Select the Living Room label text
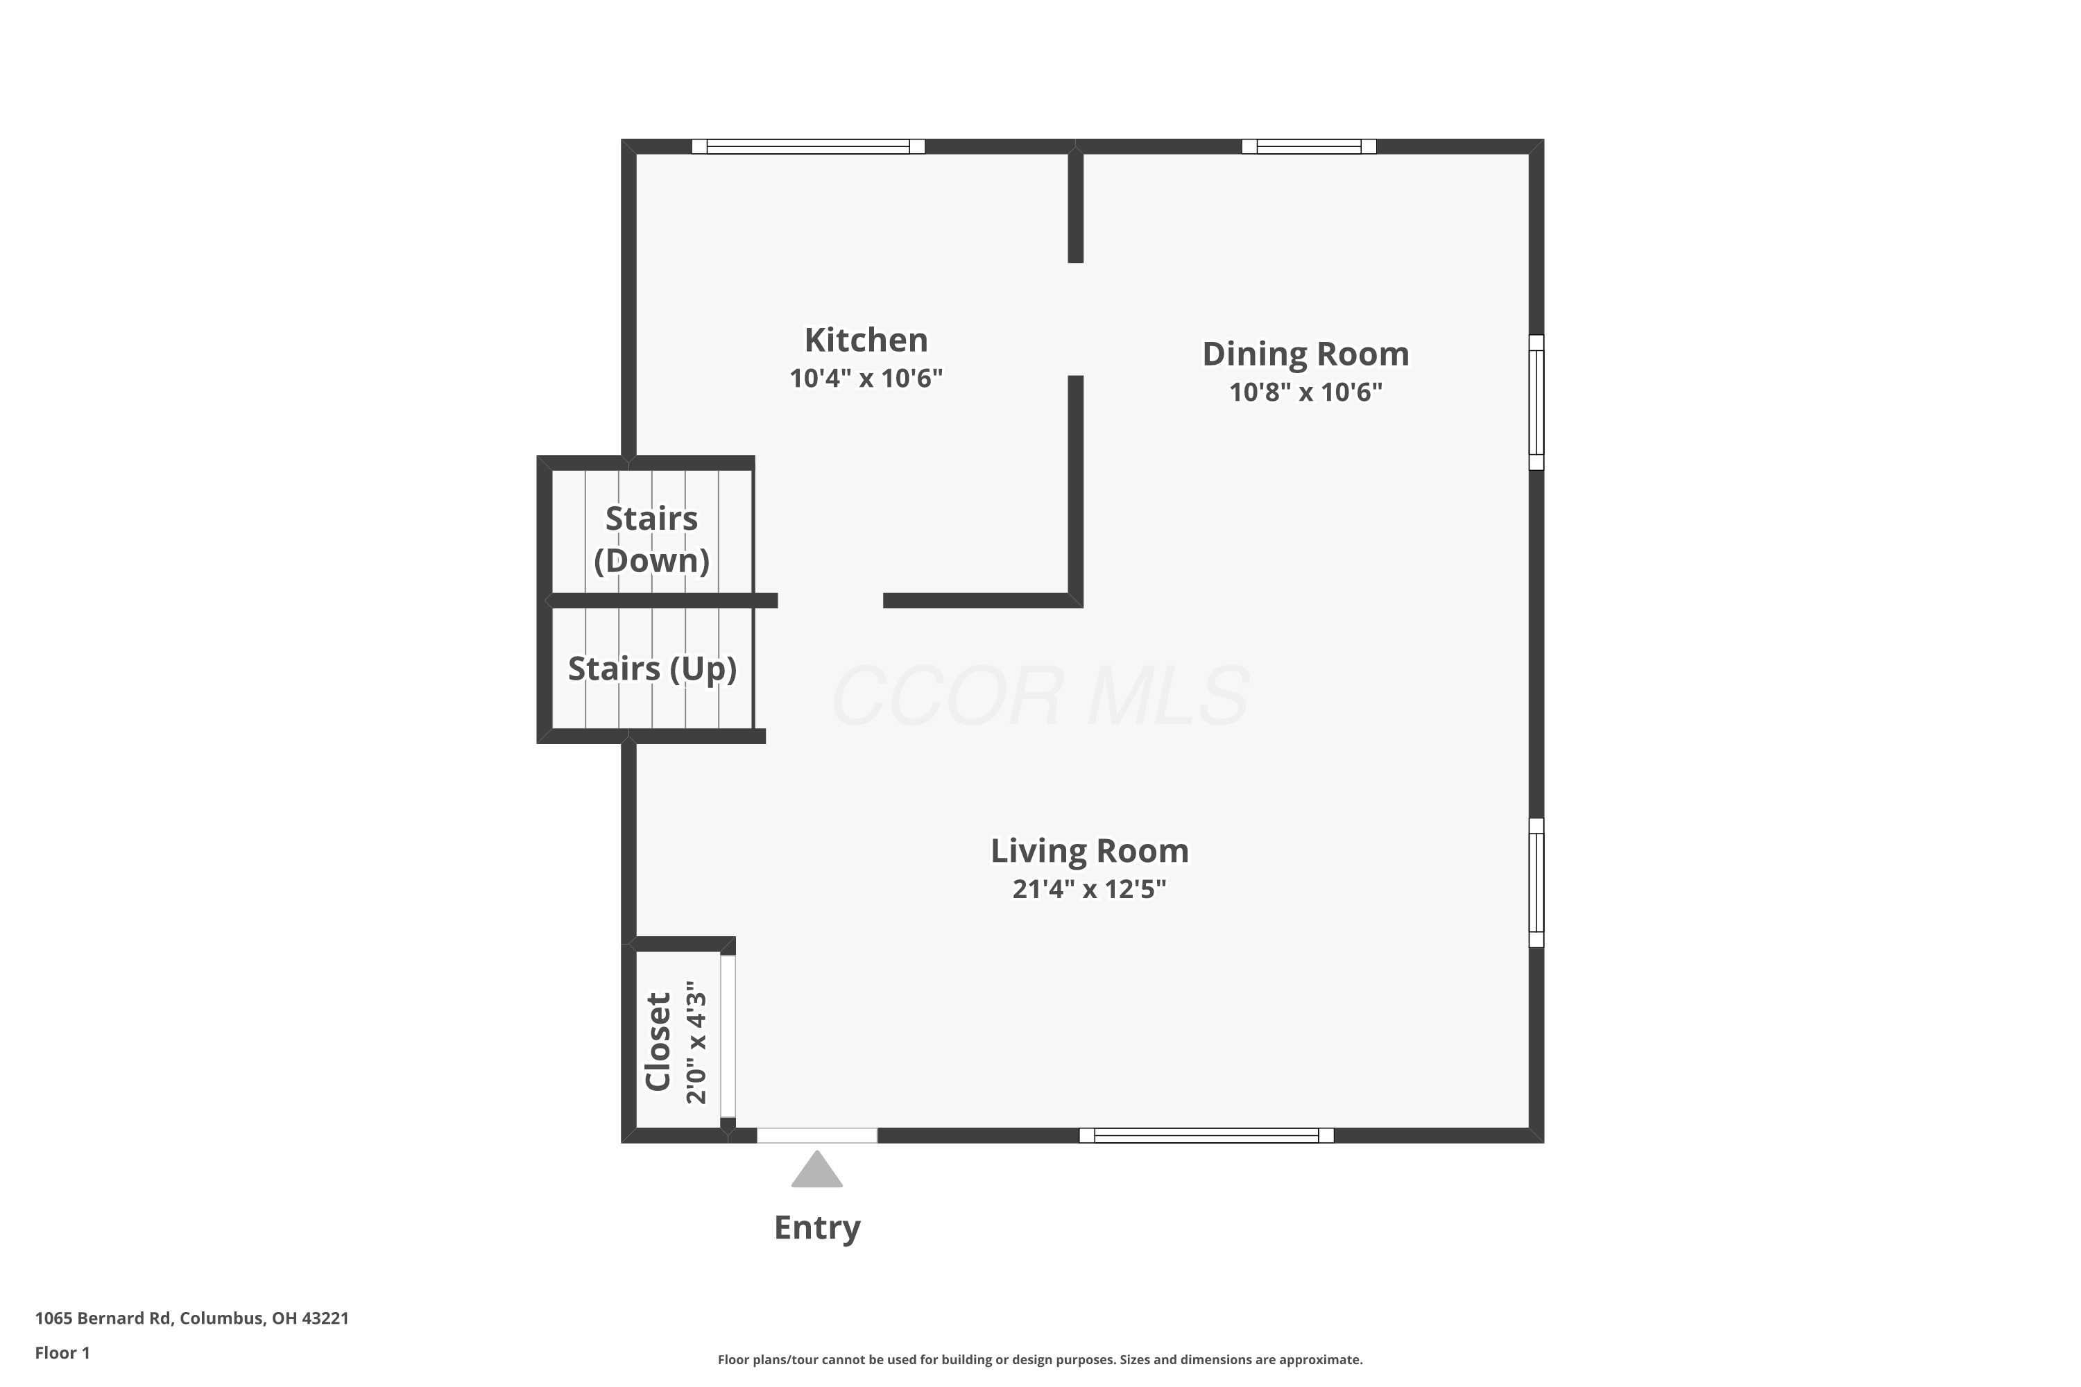tap(1089, 851)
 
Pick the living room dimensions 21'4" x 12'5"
tap(1089, 889)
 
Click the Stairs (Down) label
tap(651, 540)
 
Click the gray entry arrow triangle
tap(816, 1169)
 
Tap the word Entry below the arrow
tap(816, 1227)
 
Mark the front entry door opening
tap(816, 1136)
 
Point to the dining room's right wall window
tap(1537, 402)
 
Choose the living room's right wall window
tap(1537, 883)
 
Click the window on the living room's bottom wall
tap(1206, 1136)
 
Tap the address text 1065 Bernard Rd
tap(103, 1318)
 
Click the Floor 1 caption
tap(62, 1352)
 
